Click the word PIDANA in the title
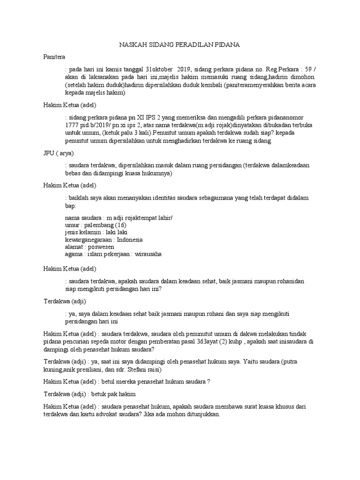pyautogui.click(x=227, y=45)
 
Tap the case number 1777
pyautogui.click(x=72, y=126)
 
